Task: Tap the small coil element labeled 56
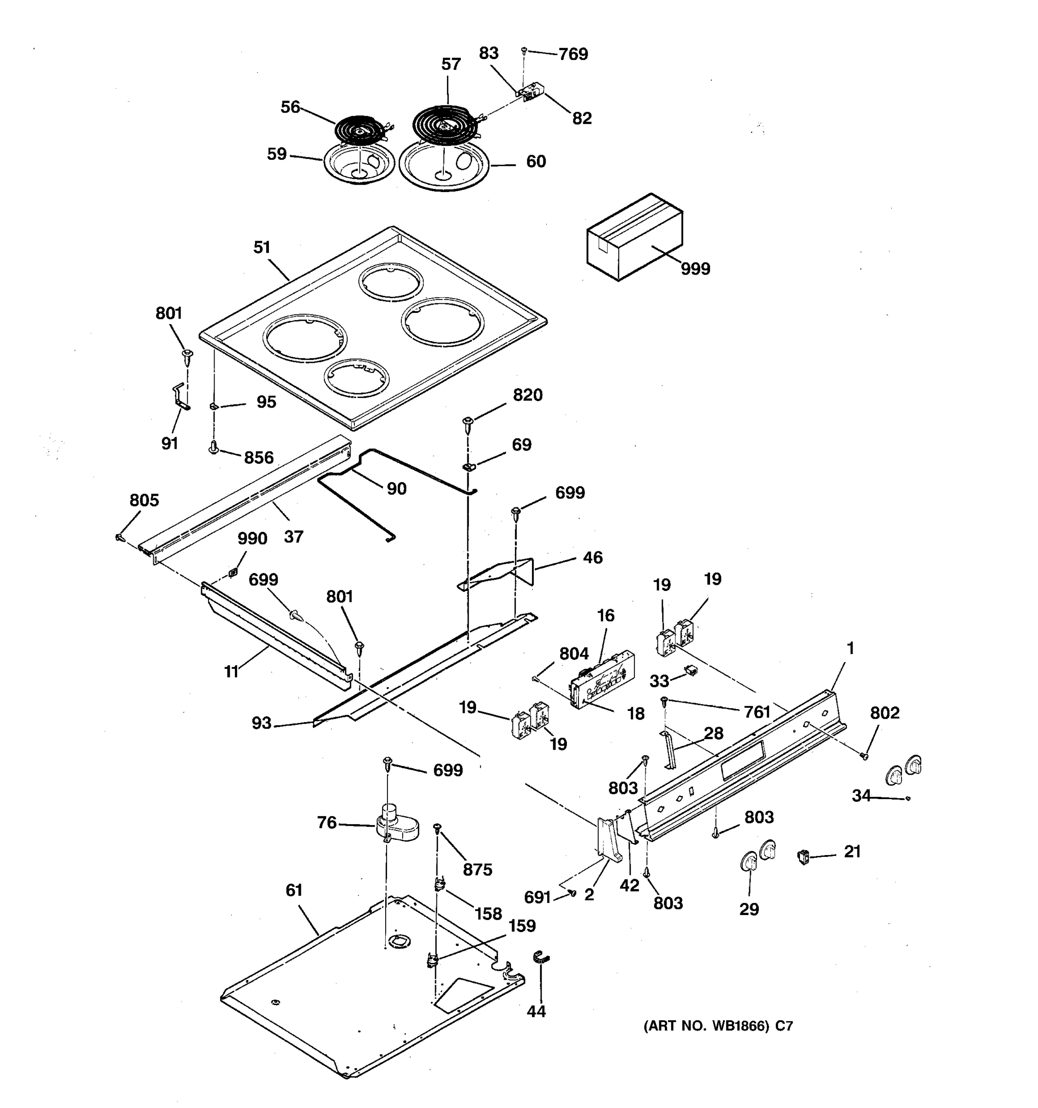(359, 131)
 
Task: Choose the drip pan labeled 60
(444, 167)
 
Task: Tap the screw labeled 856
(213, 447)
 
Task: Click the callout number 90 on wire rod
(396, 489)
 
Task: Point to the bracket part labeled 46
(501, 574)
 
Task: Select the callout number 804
(573, 654)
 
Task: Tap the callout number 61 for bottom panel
(293, 890)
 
